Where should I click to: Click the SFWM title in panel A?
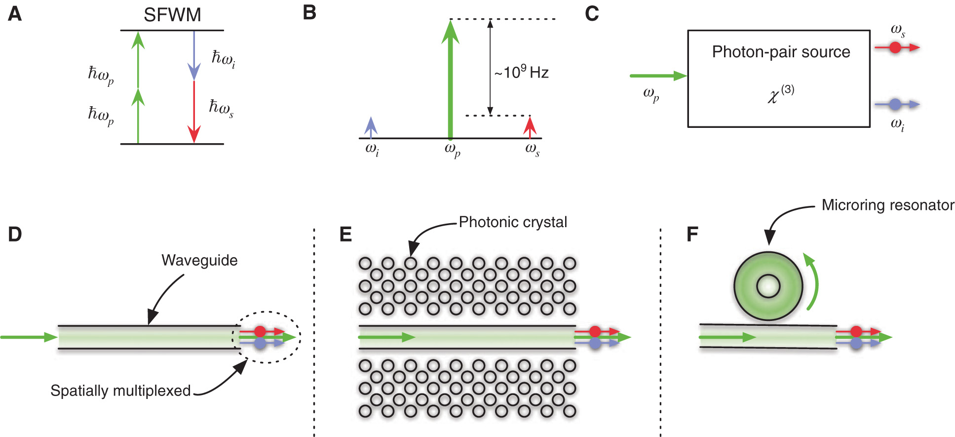point(172,15)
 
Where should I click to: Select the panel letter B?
point(309,12)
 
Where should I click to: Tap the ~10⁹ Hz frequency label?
point(522,72)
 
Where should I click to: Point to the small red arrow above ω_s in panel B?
point(530,127)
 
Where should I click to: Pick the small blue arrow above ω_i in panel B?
point(371,127)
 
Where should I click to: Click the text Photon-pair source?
point(781,52)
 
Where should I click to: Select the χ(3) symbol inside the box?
point(780,94)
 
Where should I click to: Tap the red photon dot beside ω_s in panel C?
point(895,47)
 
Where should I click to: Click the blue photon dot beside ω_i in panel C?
point(895,104)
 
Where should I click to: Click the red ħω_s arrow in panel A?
point(194,111)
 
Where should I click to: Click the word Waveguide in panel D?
point(199,260)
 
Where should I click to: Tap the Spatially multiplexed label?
point(120,391)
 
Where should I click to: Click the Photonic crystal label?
point(513,222)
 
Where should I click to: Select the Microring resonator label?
point(887,205)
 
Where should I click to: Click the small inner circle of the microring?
point(768,286)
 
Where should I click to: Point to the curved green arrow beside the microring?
point(812,281)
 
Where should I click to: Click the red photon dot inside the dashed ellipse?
point(260,331)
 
